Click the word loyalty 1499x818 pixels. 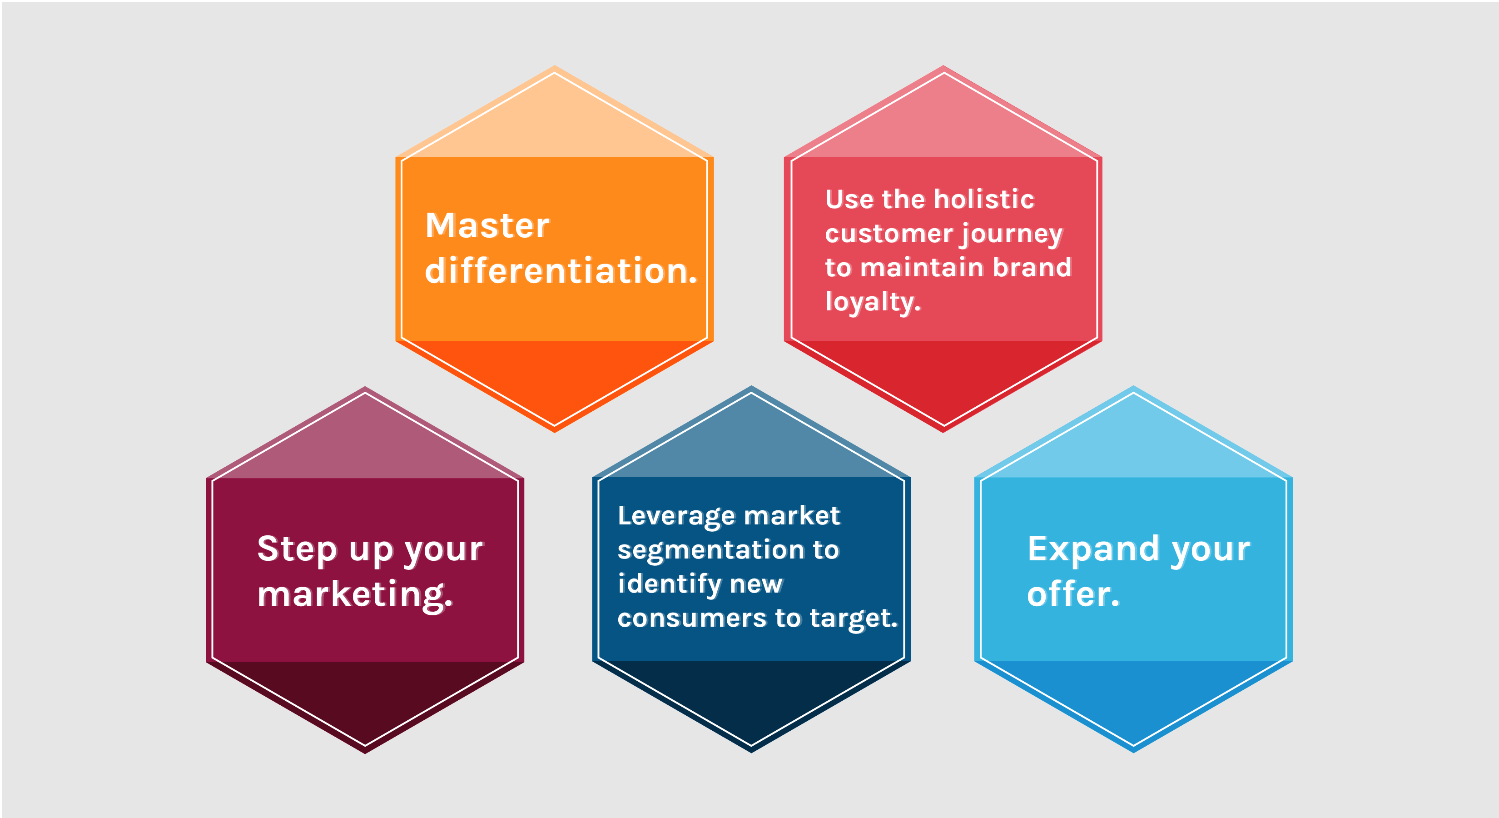tap(873, 302)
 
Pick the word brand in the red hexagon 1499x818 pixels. tap(1032, 267)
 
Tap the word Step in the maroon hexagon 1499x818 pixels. tap(297, 549)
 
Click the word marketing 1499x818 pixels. tap(355, 594)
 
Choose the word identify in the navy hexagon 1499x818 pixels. tap(670, 584)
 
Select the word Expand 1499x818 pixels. tap(1093, 549)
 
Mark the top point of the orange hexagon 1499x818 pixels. tap(555, 66)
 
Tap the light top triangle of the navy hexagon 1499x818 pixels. tap(751, 443)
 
